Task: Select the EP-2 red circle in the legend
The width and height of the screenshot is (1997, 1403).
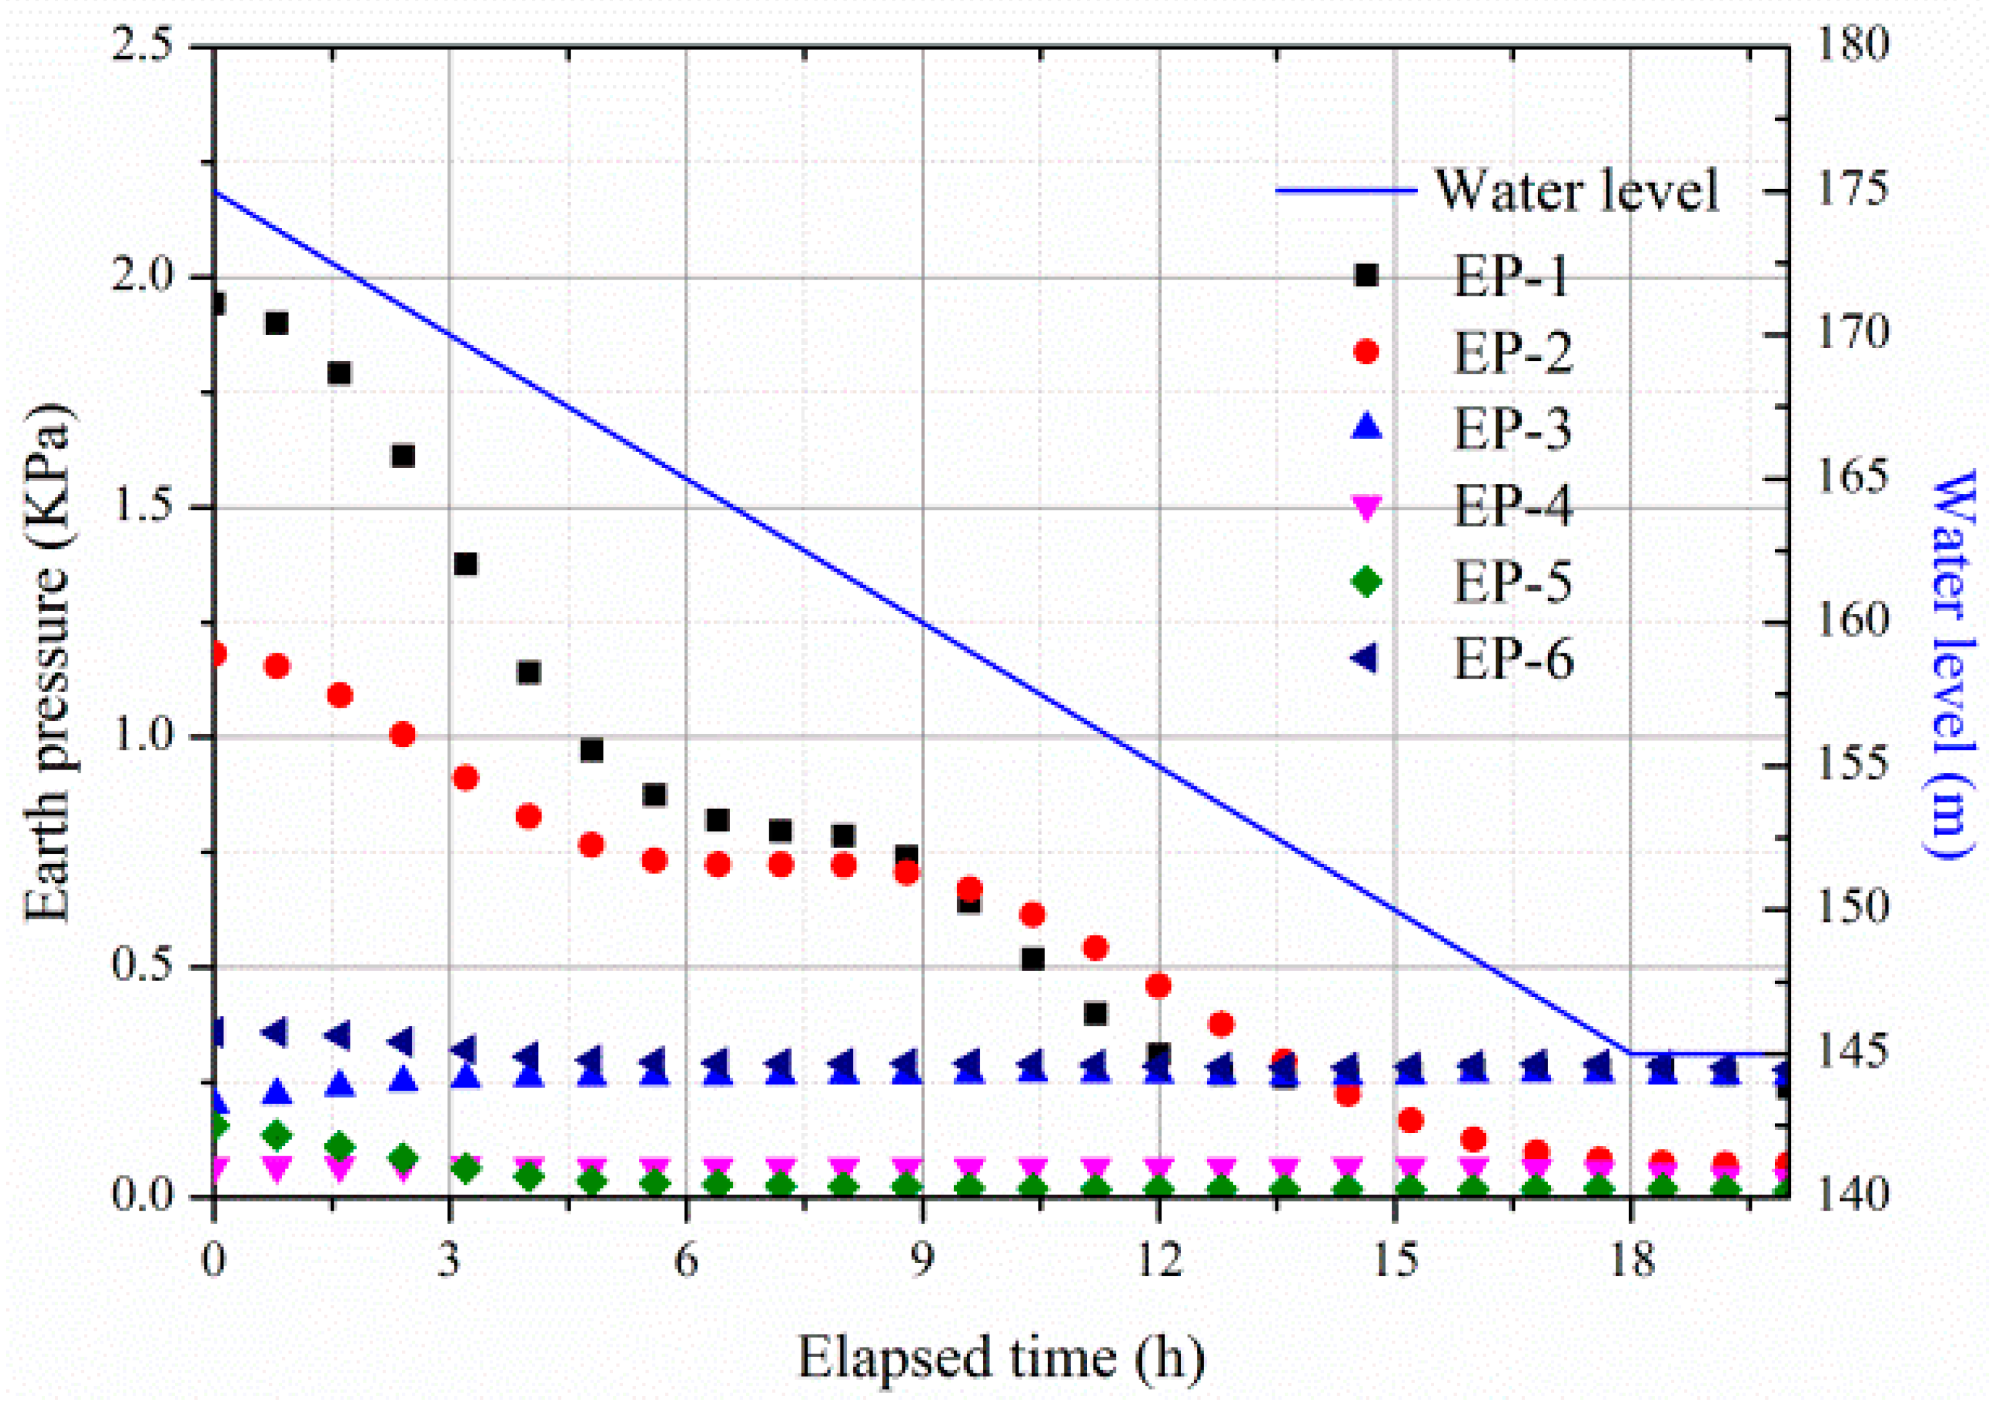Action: [x=1366, y=351]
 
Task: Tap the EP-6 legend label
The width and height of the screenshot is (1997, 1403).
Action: [x=1514, y=659]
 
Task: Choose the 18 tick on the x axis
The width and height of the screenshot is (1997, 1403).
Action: [x=1631, y=1260]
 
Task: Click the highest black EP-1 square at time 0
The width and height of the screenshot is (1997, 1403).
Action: [x=217, y=303]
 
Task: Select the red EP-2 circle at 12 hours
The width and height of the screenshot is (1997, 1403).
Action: [x=1159, y=985]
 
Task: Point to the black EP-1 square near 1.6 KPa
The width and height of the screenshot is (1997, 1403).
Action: [x=403, y=456]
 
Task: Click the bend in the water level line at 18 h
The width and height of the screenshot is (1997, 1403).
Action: [x=1631, y=1053]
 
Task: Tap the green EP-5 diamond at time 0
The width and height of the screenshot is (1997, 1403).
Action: [x=218, y=1125]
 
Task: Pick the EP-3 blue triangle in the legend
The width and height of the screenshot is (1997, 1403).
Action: [x=1366, y=426]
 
